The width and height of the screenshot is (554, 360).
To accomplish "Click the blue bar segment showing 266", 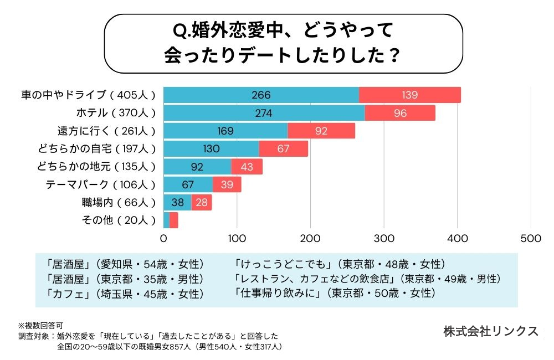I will (261, 95).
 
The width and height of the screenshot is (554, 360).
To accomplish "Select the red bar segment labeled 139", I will (410, 95).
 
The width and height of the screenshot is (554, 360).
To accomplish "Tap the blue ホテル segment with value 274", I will (264, 113).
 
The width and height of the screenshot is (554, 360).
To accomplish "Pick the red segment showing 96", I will (400, 113).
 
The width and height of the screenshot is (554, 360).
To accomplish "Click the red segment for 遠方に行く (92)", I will (321, 131).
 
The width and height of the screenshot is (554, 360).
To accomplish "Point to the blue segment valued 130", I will (211, 149).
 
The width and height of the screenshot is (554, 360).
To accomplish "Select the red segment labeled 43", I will (247, 167).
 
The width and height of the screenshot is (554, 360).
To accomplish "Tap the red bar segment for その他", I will (174, 220).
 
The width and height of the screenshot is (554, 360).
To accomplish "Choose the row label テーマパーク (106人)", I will (100, 184).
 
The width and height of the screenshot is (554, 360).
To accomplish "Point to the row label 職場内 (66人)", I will (119, 203).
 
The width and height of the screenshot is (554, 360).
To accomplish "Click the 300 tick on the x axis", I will (384, 239).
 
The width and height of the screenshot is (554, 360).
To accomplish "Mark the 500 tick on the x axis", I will (531, 239).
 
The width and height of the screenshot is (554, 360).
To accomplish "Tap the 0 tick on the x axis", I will (164, 239).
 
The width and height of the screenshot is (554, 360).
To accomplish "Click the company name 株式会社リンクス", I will (491, 331).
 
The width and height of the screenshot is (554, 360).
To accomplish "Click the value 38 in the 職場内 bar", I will (178, 203).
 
